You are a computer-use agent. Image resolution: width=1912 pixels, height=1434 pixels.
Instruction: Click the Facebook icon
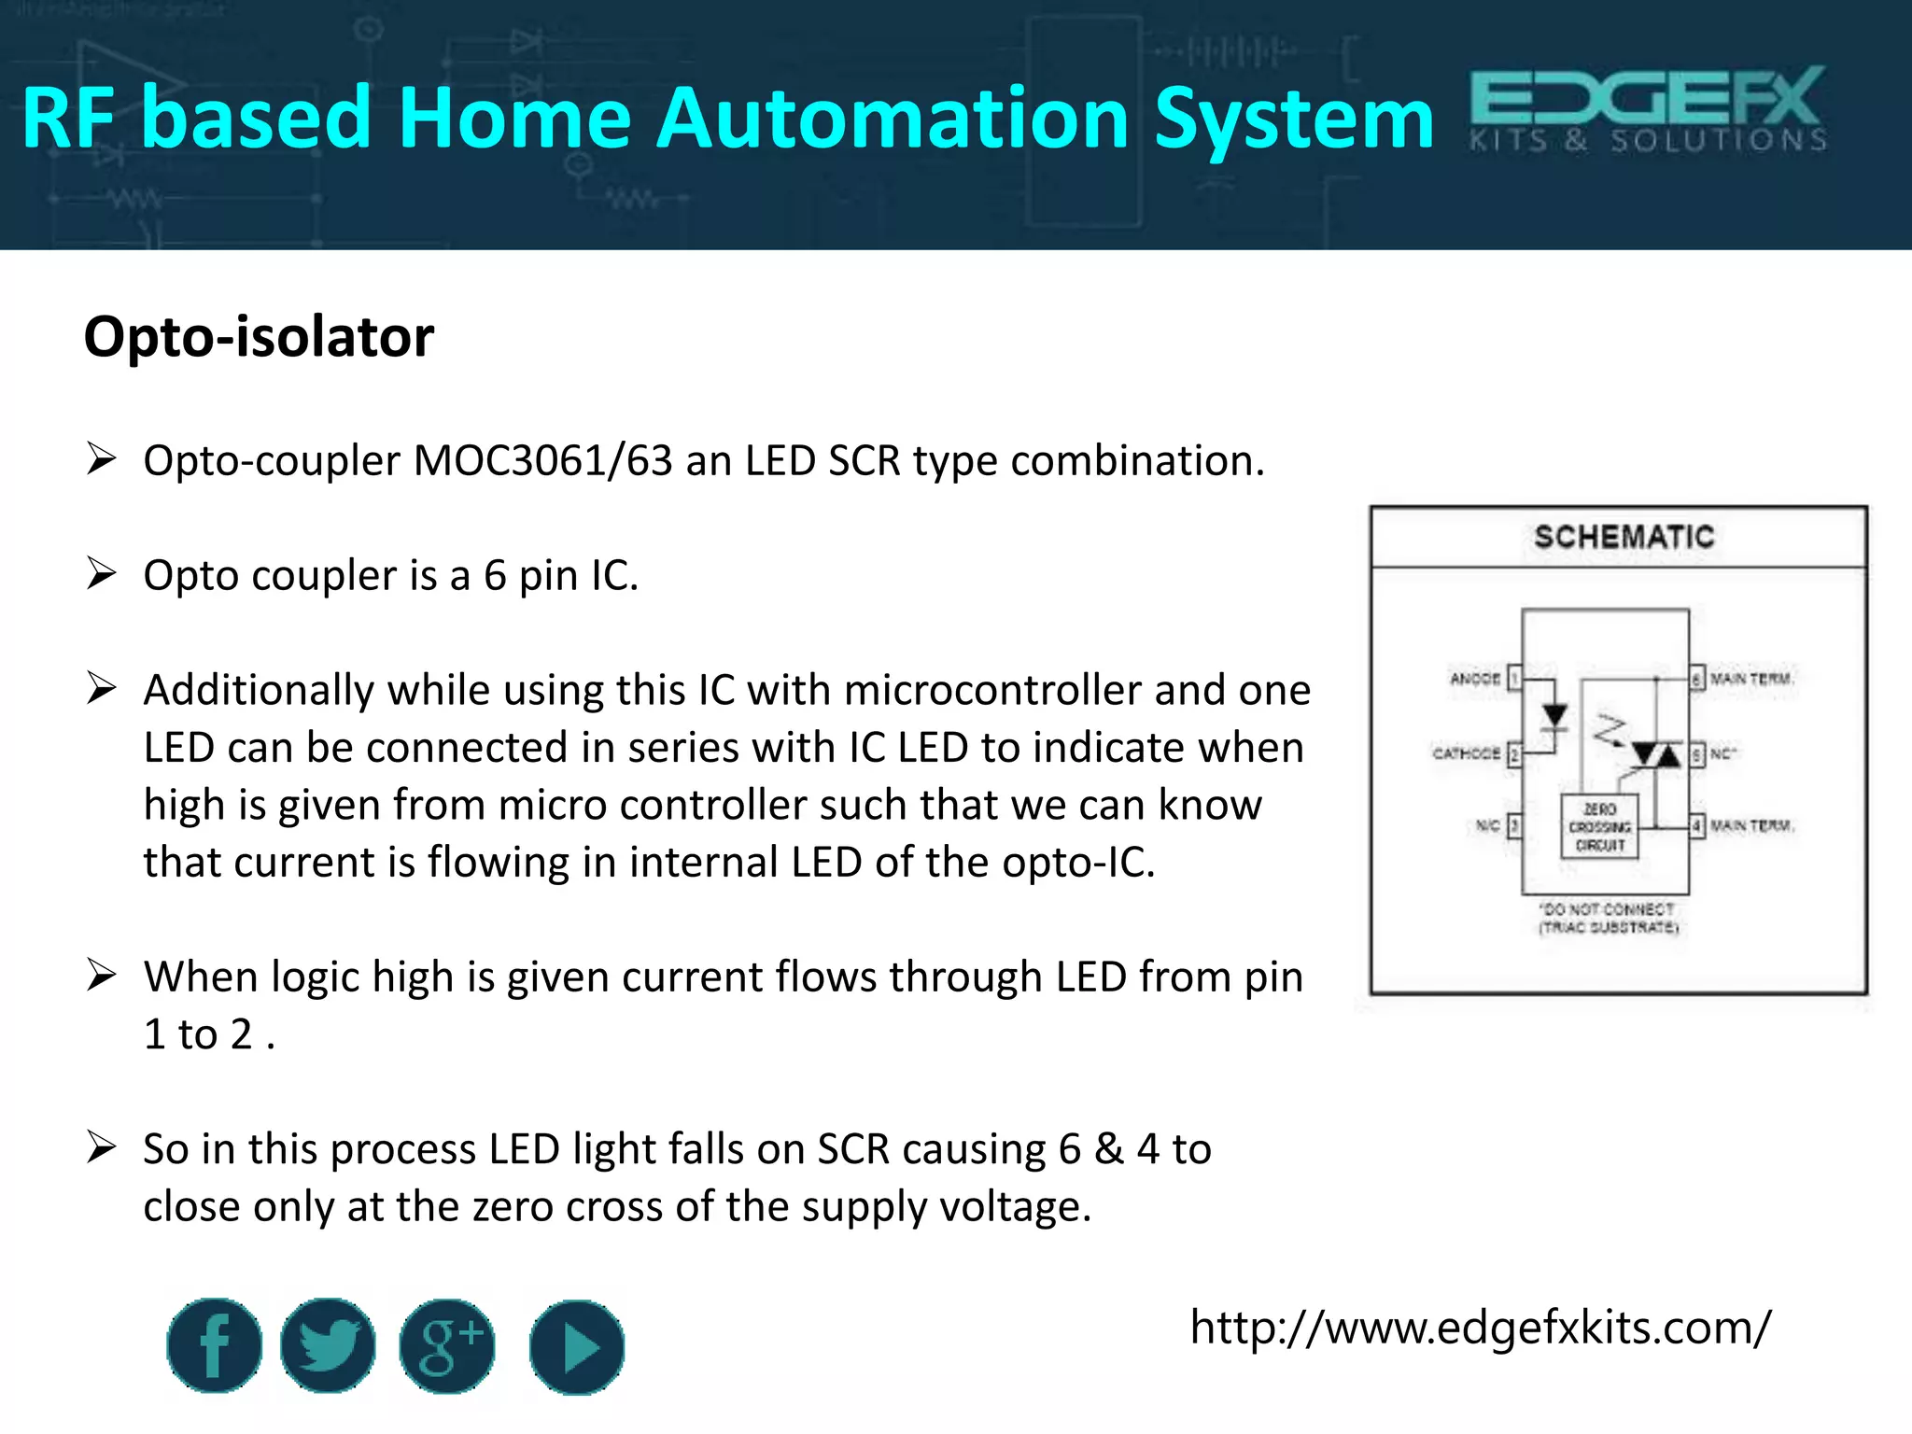pos(214,1345)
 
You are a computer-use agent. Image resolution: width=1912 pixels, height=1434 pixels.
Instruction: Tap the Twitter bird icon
pos(328,1345)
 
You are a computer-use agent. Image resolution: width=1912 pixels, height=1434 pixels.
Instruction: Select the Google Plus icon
pos(447,1346)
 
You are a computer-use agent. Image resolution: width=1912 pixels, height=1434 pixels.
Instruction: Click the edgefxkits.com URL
pos(1480,1327)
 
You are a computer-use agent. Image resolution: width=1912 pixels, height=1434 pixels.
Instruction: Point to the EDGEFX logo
pos(1648,108)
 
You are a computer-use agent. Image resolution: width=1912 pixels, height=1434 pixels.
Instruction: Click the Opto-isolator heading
pos(259,336)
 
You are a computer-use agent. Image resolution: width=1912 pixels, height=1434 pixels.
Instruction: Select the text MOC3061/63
pos(542,460)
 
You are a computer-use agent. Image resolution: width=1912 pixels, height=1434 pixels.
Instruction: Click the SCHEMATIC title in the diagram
pos(1624,537)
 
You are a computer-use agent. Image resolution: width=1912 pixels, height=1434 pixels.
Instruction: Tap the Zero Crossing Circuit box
pos(1599,827)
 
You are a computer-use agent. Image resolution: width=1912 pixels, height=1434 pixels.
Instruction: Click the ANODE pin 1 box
pos(1515,678)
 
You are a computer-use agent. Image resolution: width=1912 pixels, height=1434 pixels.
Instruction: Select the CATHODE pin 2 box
pos(1515,753)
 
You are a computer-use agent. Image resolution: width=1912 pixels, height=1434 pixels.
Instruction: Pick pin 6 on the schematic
pos(1697,678)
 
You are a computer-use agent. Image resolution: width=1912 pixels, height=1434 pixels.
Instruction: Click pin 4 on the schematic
pos(1697,825)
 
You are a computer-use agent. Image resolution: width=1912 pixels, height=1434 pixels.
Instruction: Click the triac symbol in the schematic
pos(1656,753)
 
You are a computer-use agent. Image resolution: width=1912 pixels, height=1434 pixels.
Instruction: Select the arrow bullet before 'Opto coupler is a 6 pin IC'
pos(101,573)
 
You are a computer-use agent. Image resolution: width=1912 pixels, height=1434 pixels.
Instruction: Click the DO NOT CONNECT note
pos(1608,918)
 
